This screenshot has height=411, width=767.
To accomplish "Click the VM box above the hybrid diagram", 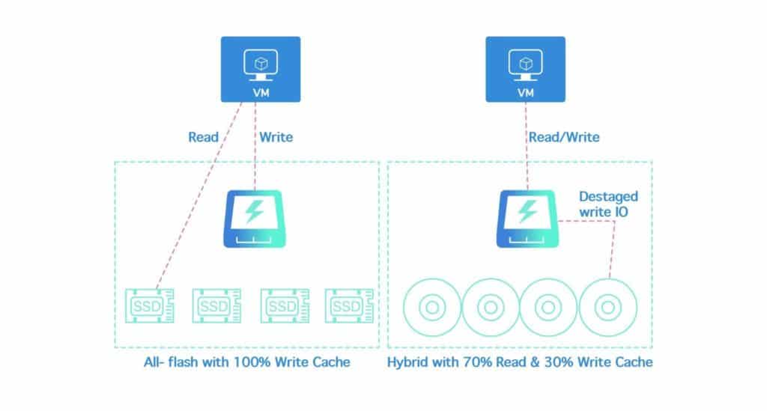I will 526,69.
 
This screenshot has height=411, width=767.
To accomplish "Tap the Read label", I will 203,137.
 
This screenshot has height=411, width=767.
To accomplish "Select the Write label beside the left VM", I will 275,137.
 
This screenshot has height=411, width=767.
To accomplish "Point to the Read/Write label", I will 564,137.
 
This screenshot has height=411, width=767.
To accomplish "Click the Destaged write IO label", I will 608,203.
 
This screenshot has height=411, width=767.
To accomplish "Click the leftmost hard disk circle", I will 431,307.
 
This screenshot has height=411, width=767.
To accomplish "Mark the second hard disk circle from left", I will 490,307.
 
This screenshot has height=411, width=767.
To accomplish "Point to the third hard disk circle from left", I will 548,307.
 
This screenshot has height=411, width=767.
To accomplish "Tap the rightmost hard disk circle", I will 607,307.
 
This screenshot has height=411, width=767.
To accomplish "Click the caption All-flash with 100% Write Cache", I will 246,362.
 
